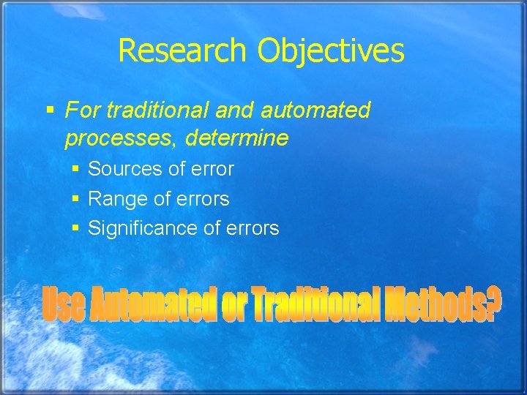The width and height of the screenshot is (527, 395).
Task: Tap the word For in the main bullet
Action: tap(83, 110)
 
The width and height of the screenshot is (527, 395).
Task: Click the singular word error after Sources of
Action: tap(212, 169)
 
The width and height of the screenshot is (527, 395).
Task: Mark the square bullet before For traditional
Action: tap(51, 111)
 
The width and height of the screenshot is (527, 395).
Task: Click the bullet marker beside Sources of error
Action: tap(76, 170)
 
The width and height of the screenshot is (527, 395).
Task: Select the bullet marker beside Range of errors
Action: tap(76, 199)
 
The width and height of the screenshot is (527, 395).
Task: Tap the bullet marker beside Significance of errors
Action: tap(76, 229)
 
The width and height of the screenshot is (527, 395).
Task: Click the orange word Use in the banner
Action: tap(64, 304)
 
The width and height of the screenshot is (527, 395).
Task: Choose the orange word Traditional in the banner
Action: tap(316, 304)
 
